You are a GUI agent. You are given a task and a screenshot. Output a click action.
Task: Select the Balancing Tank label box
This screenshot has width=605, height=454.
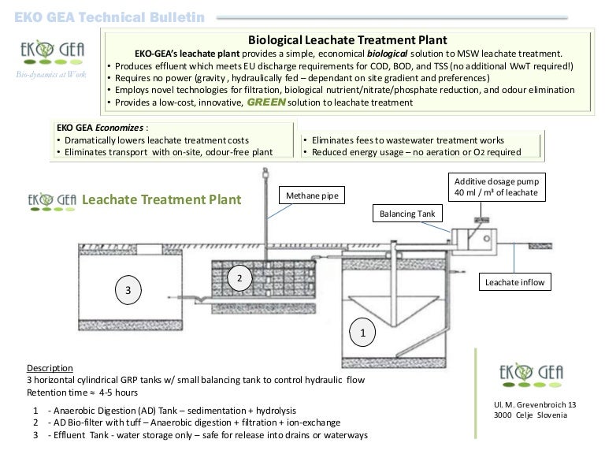406,213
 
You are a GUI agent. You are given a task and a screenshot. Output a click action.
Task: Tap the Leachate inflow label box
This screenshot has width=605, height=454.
514,281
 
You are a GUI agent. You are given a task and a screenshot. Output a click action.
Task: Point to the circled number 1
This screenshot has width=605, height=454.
363,333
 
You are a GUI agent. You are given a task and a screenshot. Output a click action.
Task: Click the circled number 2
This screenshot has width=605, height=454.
239,278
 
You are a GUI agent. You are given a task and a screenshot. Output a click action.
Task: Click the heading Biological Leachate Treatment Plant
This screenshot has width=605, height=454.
347,39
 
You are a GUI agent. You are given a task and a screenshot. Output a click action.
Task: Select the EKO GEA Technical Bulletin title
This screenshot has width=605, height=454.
109,17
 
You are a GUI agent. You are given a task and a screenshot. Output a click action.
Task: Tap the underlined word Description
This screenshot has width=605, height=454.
50,368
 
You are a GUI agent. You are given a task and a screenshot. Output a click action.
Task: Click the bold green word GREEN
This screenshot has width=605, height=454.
273,102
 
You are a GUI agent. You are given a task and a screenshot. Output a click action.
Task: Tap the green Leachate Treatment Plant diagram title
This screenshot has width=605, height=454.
161,199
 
